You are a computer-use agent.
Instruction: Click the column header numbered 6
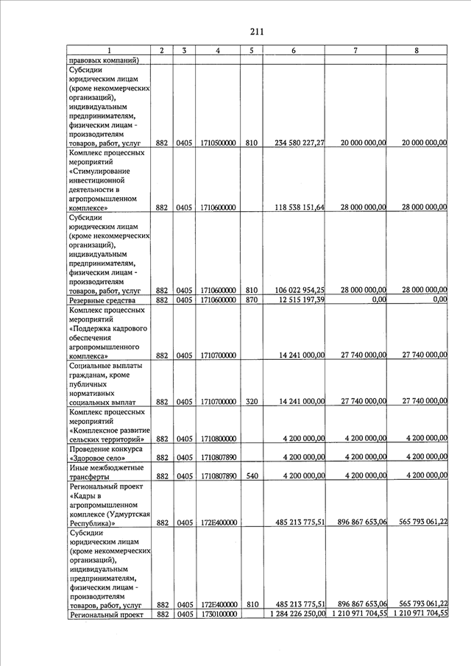[x=294, y=50]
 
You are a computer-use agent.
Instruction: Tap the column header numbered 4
[x=218, y=50]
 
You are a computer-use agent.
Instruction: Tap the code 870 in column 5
[x=251, y=300]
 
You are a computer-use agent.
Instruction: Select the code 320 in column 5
[x=251, y=402]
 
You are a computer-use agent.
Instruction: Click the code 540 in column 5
[x=251, y=475]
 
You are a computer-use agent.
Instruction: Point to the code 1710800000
[x=218, y=439]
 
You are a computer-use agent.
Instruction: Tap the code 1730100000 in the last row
[x=218, y=614]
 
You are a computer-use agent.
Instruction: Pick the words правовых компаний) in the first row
[x=104, y=60]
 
